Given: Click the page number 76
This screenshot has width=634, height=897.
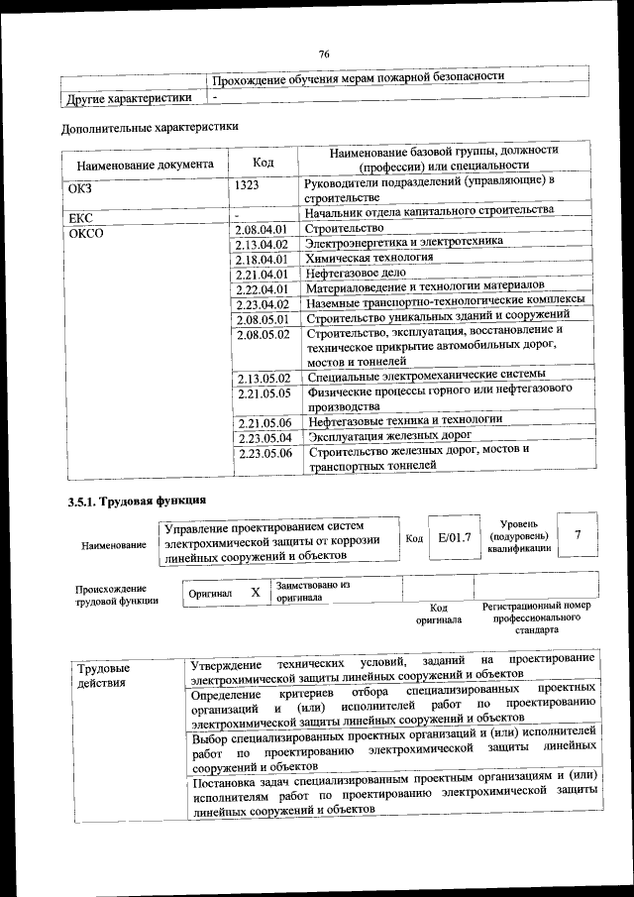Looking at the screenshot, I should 323,54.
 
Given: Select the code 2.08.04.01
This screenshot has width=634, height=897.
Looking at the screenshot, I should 262,230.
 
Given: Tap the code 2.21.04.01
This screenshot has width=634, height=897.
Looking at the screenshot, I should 262,275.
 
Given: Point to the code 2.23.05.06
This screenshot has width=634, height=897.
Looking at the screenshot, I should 264,453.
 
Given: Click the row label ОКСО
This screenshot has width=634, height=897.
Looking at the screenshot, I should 86,235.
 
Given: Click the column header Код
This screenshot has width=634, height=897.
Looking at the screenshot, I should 264,163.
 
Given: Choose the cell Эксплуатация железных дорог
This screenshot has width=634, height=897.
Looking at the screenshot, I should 388,435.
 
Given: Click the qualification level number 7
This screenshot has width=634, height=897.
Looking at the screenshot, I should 578,534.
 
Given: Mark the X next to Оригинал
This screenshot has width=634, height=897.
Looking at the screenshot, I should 255,592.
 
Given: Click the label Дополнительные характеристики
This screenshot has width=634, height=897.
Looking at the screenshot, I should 150,127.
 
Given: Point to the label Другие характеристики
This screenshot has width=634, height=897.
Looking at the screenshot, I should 129,98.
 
